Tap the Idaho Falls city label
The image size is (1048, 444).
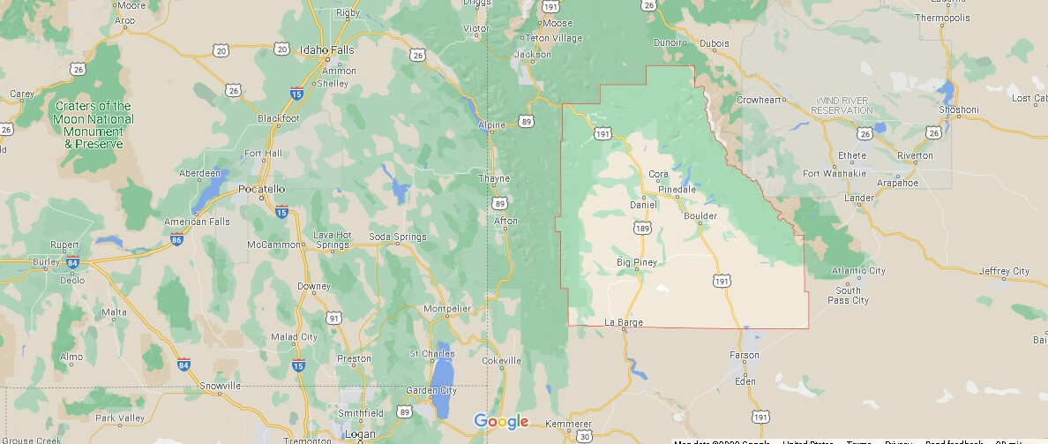pos(327,49)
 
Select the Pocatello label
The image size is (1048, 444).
pos(262,189)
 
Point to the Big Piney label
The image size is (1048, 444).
pos(637,262)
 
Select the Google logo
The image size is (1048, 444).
pos(501,421)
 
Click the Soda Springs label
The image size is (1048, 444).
pos(397,237)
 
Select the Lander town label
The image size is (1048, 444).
pos(858,198)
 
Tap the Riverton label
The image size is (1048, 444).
pos(915,155)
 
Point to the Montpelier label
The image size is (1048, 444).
pos(447,308)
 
